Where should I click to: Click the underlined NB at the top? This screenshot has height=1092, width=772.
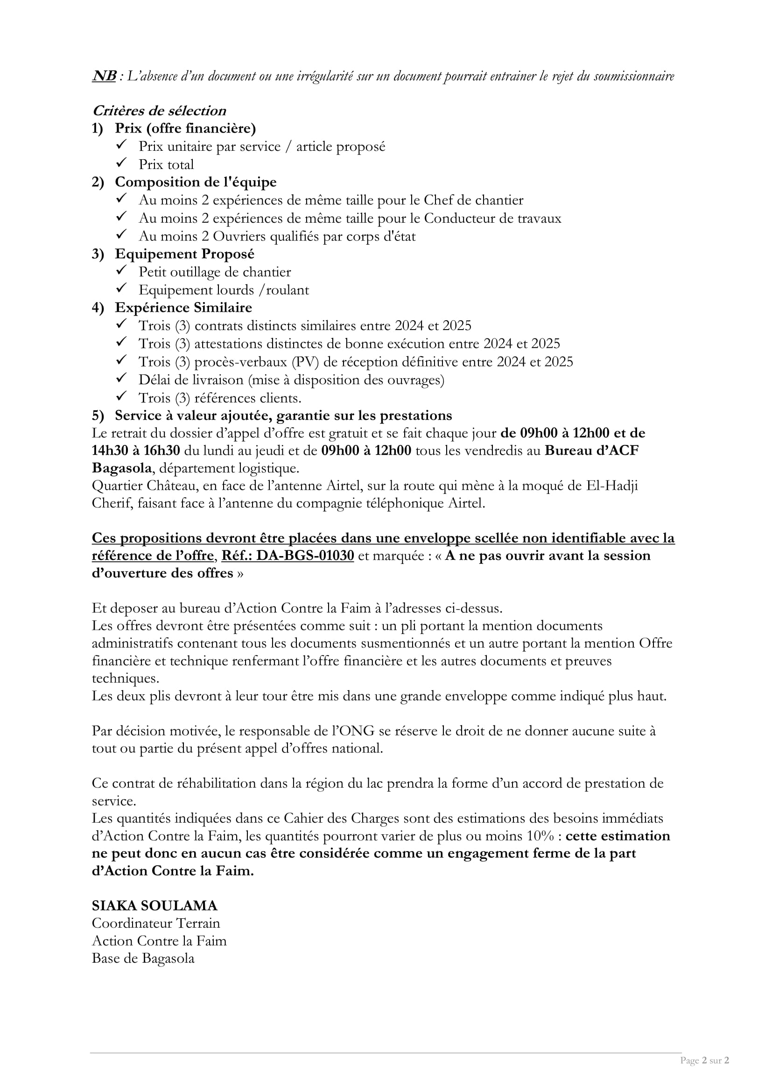point(104,76)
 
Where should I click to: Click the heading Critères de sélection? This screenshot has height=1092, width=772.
point(159,111)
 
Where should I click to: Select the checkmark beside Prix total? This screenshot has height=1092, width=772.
point(121,163)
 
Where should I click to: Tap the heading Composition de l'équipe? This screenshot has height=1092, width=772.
point(196,182)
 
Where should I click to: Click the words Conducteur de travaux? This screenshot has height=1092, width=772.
point(492,218)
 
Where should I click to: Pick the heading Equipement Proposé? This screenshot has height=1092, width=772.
point(184,254)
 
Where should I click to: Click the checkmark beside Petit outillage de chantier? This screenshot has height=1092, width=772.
point(121,271)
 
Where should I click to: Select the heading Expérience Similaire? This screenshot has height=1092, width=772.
point(183,308)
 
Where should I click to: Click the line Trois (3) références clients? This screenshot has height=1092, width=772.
point(220,398)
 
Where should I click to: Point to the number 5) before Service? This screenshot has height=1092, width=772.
point(98,416)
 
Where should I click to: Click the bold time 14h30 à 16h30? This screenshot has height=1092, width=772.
point(136,451)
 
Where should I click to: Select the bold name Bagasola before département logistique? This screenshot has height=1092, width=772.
point(122,468)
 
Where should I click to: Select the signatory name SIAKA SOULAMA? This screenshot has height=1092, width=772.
point(154,906)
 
